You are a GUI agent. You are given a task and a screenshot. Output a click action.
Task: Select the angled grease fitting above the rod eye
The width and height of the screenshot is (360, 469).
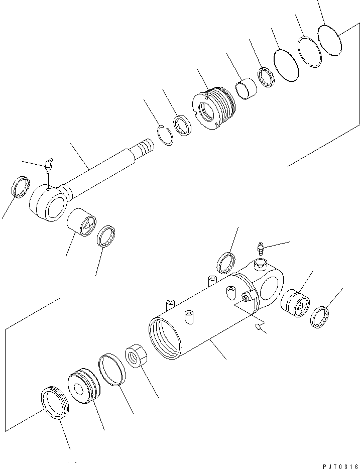tap(49, 164)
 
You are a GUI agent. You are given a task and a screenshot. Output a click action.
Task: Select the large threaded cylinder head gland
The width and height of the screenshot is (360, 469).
tap(215, 108)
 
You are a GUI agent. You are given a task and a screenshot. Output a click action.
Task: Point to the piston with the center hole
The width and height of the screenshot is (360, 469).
tap(83, 386)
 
